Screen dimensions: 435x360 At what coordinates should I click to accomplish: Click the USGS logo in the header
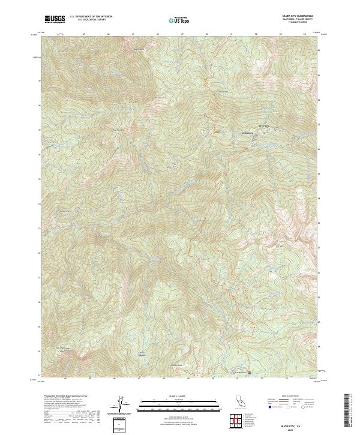point(55,19)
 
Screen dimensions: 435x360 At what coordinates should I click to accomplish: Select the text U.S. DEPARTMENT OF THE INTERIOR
point(91,17)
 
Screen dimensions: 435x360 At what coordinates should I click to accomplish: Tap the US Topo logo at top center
point(179,20)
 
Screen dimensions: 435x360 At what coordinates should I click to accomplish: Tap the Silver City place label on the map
point(263,125)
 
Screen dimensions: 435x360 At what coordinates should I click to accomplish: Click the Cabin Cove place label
point(247,133)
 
